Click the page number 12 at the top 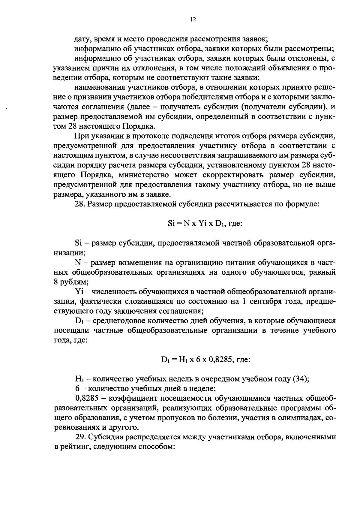pos(193,20)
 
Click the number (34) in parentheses pos(301,379)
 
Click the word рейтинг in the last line pos(76,447)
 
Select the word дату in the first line pos(82,39)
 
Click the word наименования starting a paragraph pos(100,88)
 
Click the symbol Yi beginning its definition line pos(79,291)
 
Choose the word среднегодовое pos(121,321)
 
